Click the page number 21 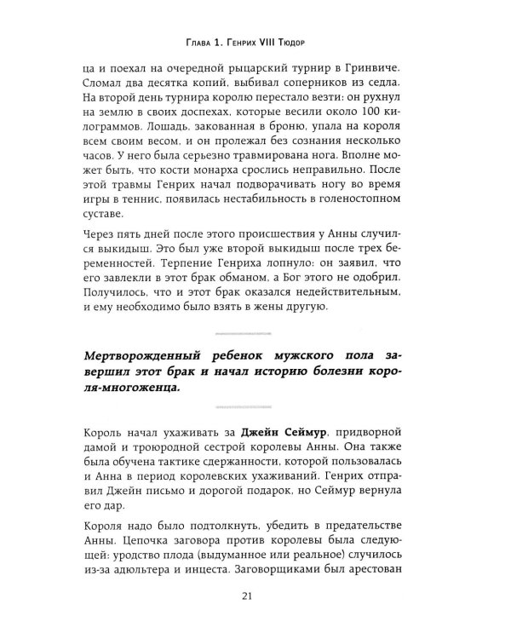[255, 607]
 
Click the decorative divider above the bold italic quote [255, 352]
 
